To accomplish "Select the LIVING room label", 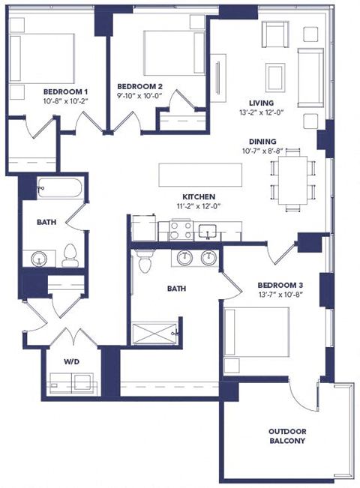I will click(262, 103).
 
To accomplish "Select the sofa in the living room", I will click(307, 75).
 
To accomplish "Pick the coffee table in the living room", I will click(275, 76).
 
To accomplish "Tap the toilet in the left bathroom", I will click(70, 255).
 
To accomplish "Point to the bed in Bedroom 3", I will click(256, 337).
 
